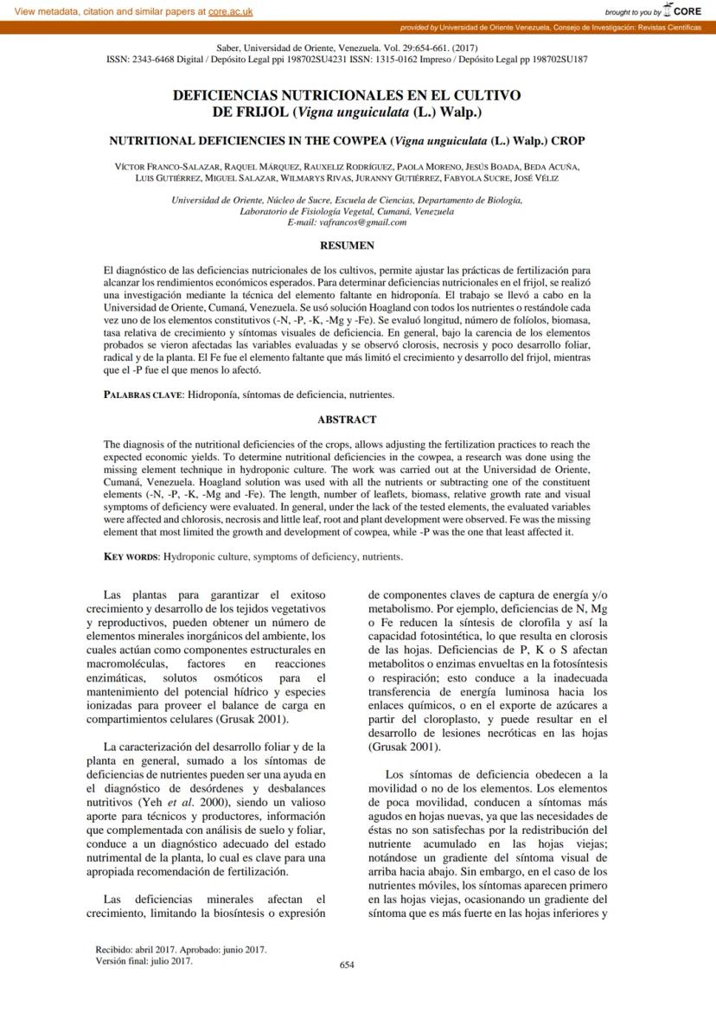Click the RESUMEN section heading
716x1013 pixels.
pyautogui.click(x=347, y=246)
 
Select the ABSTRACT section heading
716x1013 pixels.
pyautogui.click(x=347, y=420)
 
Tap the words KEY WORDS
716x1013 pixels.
pyautogui.click(x=131, y=556)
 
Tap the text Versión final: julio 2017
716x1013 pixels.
pyautogui.click(x=144, y=960)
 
